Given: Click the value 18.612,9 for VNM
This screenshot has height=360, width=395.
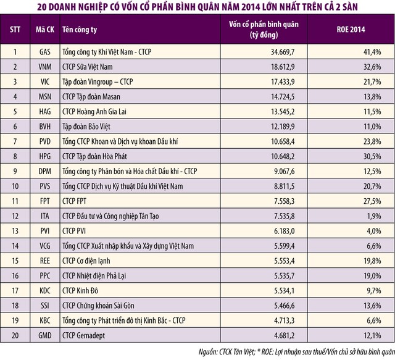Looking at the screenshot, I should pos(271,66).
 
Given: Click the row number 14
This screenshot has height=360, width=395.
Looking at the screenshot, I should pos(15,246).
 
